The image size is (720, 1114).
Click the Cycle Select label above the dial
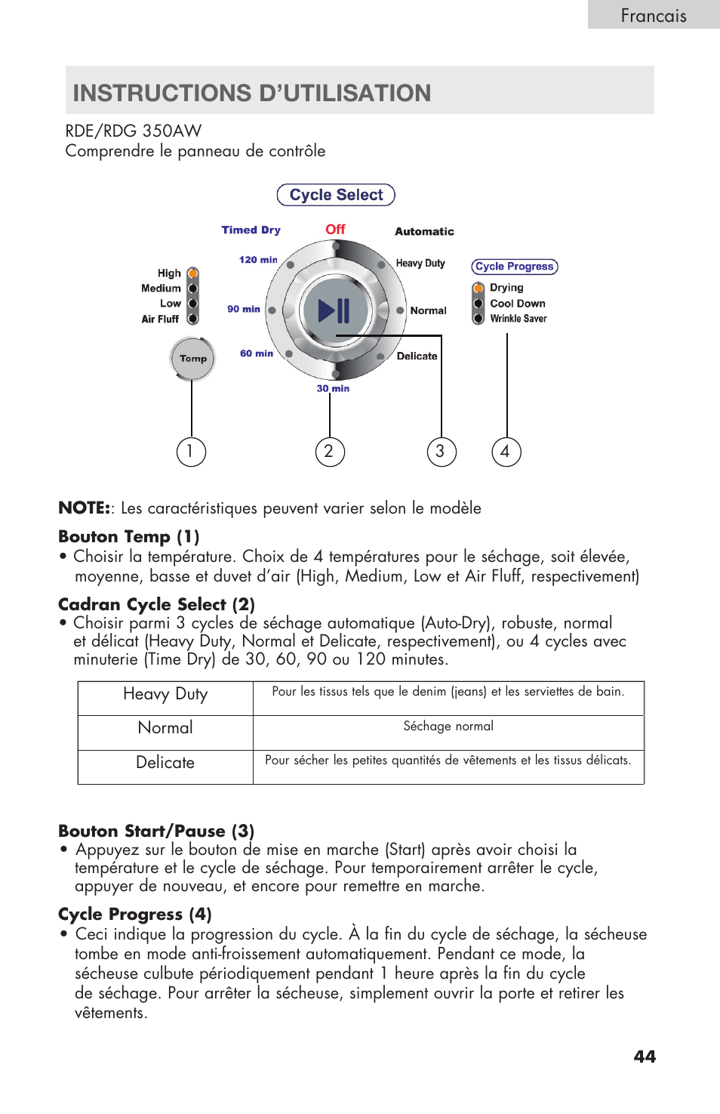(x=336, y=195)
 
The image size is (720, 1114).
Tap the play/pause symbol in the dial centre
(x=334, y=310)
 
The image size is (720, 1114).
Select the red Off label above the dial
(x=335, y=229)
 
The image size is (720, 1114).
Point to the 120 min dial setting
(x=258, y=260)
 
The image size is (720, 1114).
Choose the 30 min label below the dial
(x=333, y=388)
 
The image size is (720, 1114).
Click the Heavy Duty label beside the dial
(x=420, y=263)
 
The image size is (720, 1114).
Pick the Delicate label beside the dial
(x=417, y=356)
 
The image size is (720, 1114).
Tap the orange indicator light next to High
(x=193, y=273)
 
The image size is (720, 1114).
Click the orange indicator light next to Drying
(x=478, y=288)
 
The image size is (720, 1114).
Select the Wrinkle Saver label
(x=518, y=319)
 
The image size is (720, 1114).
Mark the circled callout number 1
(x=191, y=452)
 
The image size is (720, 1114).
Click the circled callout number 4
(x=506, y=452)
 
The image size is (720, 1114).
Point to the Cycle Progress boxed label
(x=514, y=267)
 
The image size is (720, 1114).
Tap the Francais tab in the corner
(x=654, y=15)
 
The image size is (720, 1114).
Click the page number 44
(x=645, y=1057)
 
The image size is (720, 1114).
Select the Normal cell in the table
(x=165, y=728)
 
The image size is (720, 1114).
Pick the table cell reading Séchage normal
(x=448, y=727)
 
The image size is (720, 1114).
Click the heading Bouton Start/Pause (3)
(x=156, y=831)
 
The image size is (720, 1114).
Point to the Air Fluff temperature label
(x=160, y=319)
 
